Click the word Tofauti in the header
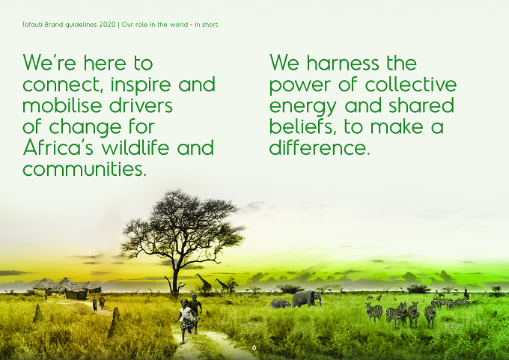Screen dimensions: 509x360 click(x=32, y=25)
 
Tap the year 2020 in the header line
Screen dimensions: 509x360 click(x=107, y=25)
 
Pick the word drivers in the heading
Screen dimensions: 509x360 click(x=141, y=106)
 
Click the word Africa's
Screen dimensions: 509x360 click(x=58, y=147)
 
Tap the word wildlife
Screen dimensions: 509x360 click(x=135, y=147)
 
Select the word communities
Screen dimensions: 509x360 click(x=85, y=169)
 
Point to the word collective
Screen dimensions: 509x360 click(x=411, y=84)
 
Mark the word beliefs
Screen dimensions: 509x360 click(x=302, y=126)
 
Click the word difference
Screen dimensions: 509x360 click(x=320, y=147)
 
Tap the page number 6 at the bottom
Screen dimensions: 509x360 click(x=254, y=347)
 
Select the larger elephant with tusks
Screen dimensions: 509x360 click(x=307, y=299)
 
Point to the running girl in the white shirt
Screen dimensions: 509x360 click(x=186, y=320)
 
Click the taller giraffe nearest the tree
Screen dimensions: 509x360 click(x=204, y=281)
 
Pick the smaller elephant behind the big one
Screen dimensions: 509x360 click(x=281, y=304)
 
